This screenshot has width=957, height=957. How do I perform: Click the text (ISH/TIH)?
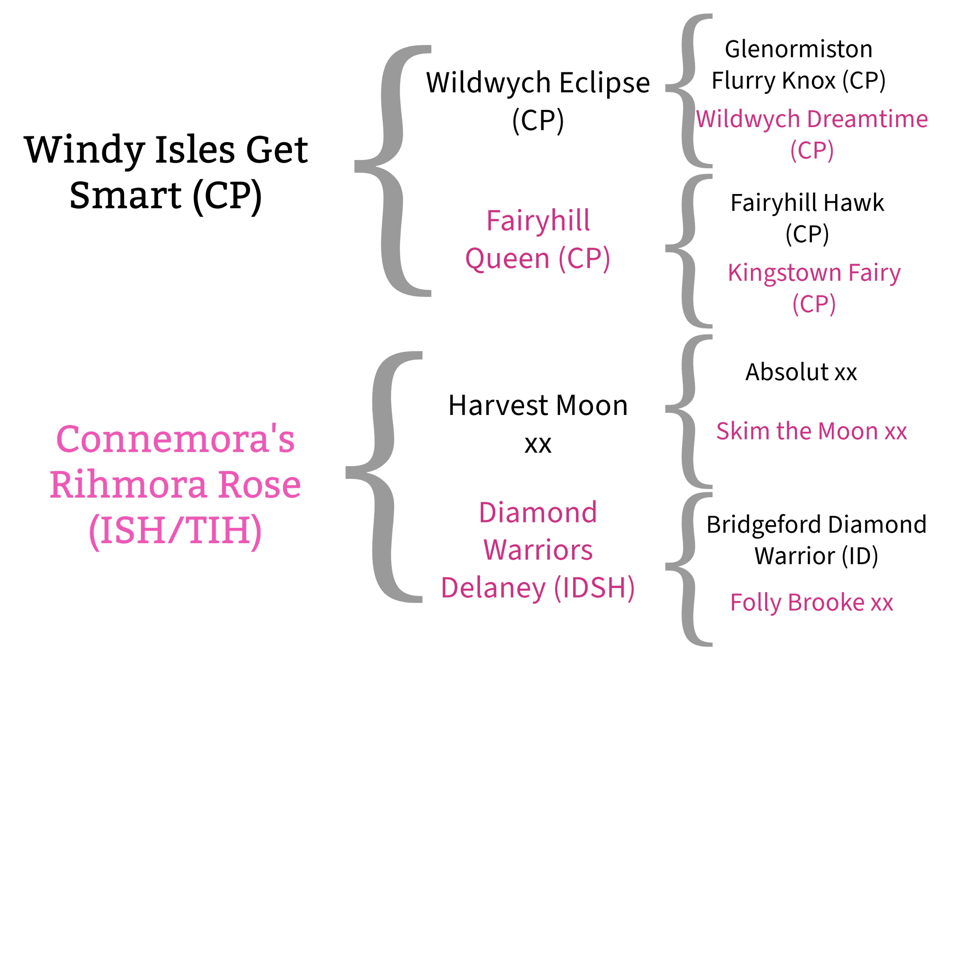[x=175, y=531]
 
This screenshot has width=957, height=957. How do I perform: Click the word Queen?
[x=508, y=258]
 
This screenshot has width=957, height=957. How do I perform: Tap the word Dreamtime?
[x=867, y=120]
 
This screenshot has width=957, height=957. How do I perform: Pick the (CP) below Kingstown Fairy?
[x=814, y=304]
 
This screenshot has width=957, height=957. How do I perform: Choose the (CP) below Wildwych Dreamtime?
[x=812, y=150]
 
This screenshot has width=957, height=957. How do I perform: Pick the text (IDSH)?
[x=594, y=588]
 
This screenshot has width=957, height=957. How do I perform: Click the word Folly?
[x=755, y=603]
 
